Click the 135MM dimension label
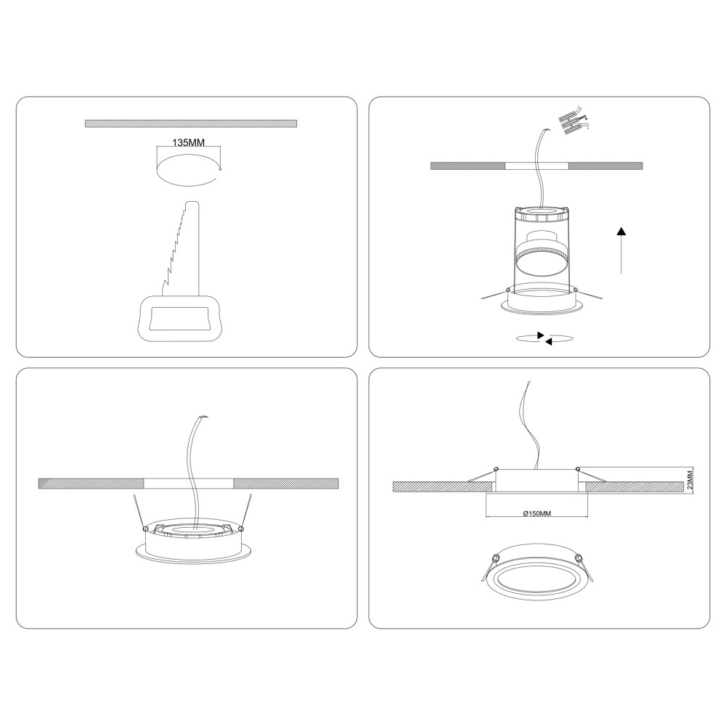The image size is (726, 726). click(189, 142)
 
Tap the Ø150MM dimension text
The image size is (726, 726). click(537, 513)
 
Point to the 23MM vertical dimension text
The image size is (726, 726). click(690, 480)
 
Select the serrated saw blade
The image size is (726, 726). click(181, 248)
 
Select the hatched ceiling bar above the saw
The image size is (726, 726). click(191, 123)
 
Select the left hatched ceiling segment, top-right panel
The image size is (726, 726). click(468, 166)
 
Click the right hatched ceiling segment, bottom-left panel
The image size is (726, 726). click(285, 484)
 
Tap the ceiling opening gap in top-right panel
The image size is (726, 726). click(537, 166)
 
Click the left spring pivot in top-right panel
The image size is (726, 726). click(508, 290)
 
